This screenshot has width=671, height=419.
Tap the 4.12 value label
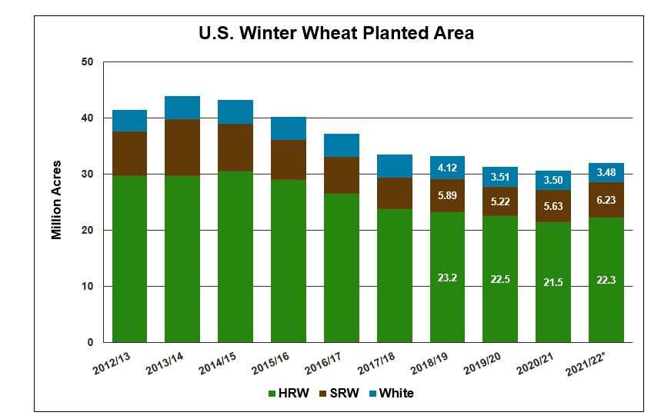pyautogui.click(x=447, y=167)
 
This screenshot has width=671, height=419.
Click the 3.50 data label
pyautogui.click(x=552, y=180)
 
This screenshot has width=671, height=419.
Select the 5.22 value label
pyautogui.click(x=500, y=201)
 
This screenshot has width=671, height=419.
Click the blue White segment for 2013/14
pyautogui.click(x=182, y=108)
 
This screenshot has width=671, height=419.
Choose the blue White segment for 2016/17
pyautogui.click(x=341, y=145)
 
